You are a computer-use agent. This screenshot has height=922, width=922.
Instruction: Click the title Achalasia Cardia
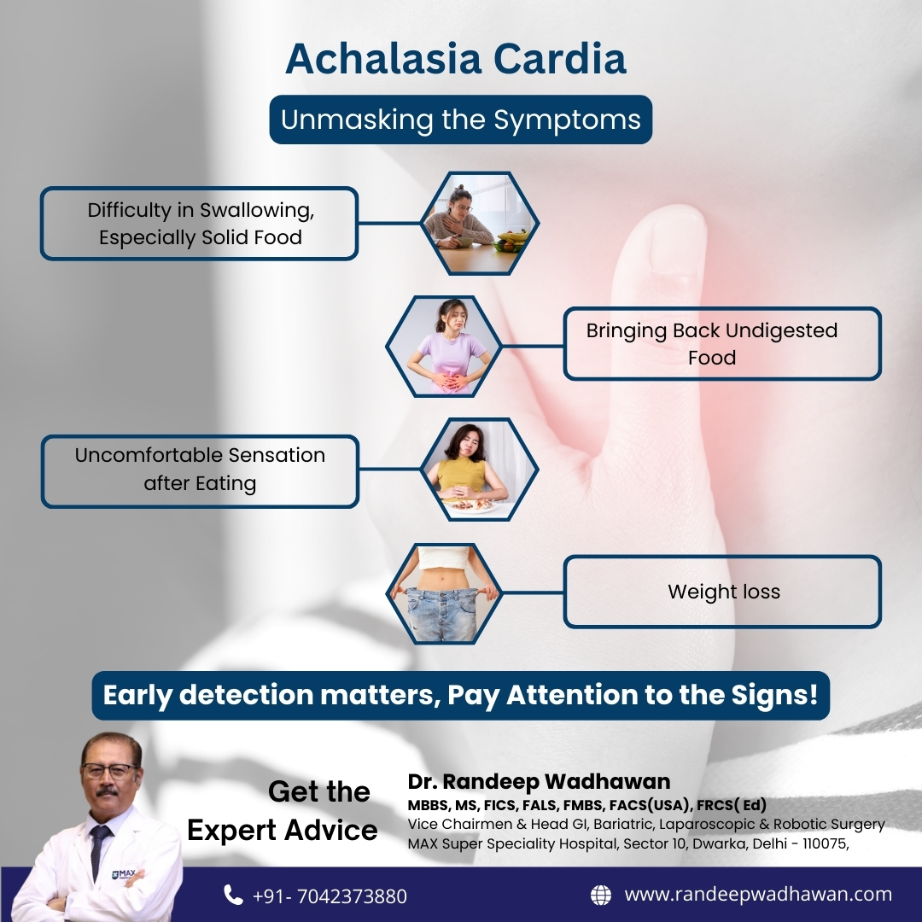[456, 59]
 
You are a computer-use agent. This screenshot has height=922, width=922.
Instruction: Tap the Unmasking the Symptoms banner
[460, 120]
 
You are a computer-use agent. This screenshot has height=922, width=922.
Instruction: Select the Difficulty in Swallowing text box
[200, 224]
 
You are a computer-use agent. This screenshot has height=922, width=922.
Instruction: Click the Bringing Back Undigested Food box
[721, 343]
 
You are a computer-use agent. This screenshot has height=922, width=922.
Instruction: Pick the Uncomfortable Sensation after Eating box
[200, 470]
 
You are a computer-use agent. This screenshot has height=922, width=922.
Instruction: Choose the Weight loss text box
[722, 592]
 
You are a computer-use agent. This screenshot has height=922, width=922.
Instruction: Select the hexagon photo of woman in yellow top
[479, 470]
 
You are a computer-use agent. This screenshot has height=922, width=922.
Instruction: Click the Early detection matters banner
[460, 695]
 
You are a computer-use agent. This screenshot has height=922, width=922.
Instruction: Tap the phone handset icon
[233, 895]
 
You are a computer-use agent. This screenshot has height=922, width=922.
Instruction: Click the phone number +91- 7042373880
[330, 896]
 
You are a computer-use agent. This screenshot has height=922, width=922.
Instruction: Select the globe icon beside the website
[601, 895]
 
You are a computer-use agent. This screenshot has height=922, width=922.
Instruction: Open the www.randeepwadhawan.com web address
[758, 895]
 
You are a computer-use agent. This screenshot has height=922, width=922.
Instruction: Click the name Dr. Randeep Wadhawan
[539, 781]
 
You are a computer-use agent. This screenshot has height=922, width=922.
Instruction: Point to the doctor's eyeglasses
[108, 769]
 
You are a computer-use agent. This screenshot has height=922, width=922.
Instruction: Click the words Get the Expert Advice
[283, 810]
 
